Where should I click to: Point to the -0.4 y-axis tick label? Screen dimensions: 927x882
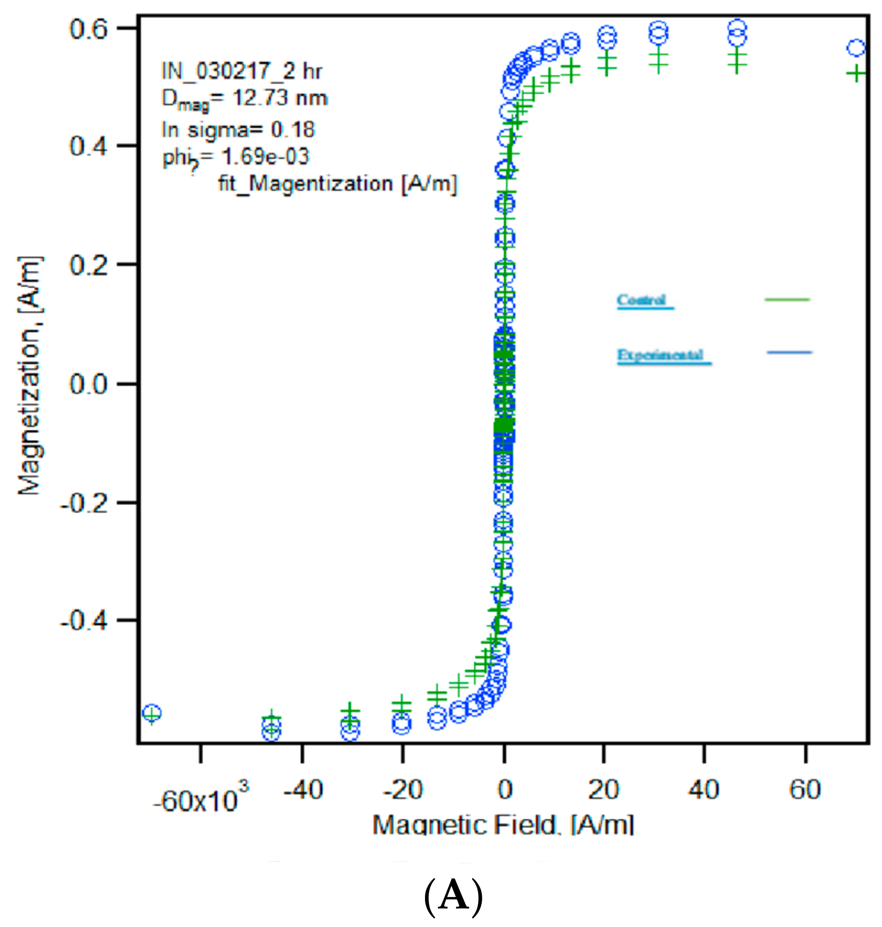click(x=84, y=620)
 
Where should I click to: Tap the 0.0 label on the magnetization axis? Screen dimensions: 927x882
click(x=89, y=384)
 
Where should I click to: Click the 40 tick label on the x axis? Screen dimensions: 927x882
click(x=704, y=790)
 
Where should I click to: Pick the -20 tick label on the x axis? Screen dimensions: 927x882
click(x=402, y=790)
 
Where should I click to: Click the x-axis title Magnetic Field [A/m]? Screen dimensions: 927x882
click(x=503, y=825)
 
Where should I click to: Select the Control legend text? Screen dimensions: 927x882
click(x=642, y=300)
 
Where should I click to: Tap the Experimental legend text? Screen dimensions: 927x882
click(x=661, y=355)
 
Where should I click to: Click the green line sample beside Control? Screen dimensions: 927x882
click(x=787, y=299)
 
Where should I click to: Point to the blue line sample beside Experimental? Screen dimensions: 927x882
click(x=789, y=353)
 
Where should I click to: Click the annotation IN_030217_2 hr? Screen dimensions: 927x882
click(x=241, y=71)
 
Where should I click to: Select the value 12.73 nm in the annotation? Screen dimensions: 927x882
click(x=280, y=98)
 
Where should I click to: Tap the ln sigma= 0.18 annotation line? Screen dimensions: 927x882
click(x=238, y=129)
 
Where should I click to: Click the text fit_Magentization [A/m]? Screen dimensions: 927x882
click(x=337, y=184)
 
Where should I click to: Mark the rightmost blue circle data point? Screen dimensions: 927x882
click(x=856, y=48)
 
